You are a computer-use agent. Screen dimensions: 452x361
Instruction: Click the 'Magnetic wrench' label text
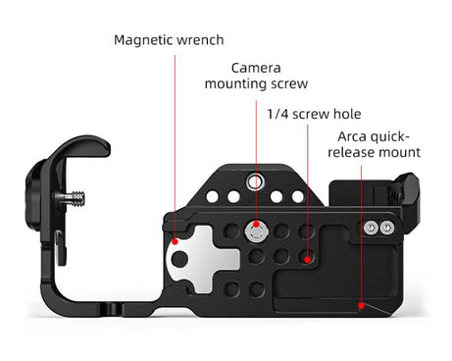(169, 40)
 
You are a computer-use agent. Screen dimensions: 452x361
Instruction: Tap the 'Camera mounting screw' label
(256, 77)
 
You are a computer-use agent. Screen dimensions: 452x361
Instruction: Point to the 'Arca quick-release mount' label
(375, 144)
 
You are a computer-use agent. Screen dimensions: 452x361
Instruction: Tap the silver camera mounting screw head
(257, 232)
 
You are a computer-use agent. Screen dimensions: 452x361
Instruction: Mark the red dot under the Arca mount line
(362, 305)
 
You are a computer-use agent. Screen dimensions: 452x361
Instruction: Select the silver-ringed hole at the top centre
(256, 181)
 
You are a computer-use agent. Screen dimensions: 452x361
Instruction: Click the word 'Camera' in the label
(256, 68)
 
